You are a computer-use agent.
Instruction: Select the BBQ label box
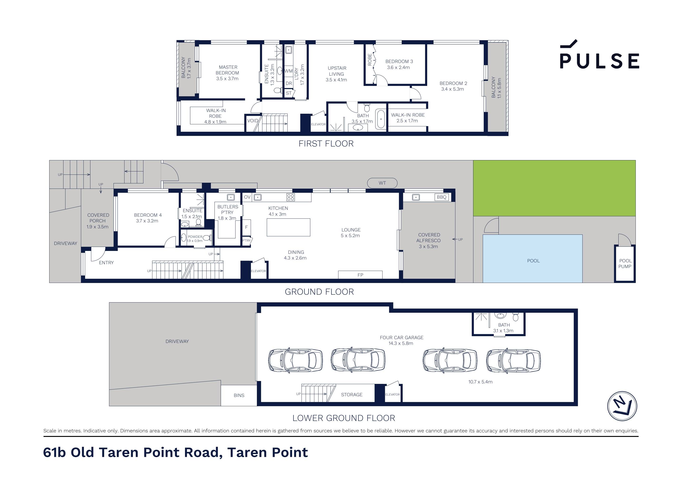[x=441, y=197]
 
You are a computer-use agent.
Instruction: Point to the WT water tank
[x=382, y=183]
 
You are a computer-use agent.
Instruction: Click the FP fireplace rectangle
[x=360, y=274]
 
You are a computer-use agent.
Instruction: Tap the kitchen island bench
[x=288, y=227]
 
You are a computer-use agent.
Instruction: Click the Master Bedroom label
[x=227, y=73]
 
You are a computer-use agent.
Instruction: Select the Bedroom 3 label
[x=399, y=64]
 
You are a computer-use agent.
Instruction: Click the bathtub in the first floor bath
[x=380, y=119]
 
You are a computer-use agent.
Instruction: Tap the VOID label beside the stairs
[x=252, y=121]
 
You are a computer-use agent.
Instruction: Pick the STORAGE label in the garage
[x=352, y=395]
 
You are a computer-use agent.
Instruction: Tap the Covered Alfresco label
[x=429, y=240]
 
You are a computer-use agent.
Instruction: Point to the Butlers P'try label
[x=227, y=212]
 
